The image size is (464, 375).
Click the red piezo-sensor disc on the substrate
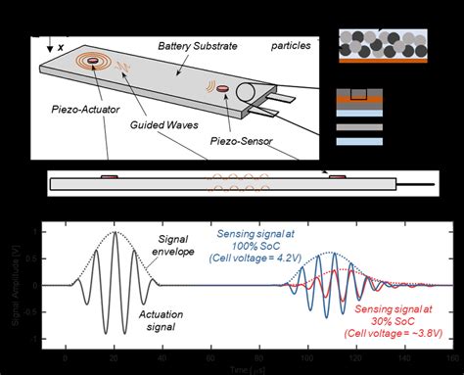(224, 91)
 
